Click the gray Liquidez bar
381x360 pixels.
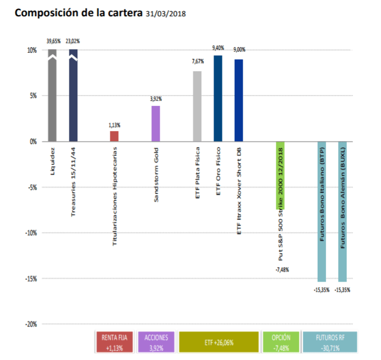click(x=53, y=95)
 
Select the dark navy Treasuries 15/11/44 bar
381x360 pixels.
click(x=73, y=95)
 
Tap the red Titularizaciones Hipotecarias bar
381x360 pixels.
click(x=114, y=135)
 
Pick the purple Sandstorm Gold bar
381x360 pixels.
click(x=156, y=123)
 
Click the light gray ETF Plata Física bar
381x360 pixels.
click(x=197, y=106)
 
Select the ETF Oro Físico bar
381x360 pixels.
click(x=218, y=98)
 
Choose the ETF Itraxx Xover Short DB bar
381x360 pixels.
click(x=239, y=100)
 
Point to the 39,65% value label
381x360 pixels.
click(x=53, y=41)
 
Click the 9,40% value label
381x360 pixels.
click(x=218, y=48)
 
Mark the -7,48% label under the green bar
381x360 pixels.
click(x=282, y=270)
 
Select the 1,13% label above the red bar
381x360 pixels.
click(x=114, y=125)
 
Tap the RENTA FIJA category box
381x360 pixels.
click(x=114, y=342)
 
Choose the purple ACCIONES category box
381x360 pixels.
click(x=156, y=342)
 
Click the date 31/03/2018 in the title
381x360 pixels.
click(x=165, y=12)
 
